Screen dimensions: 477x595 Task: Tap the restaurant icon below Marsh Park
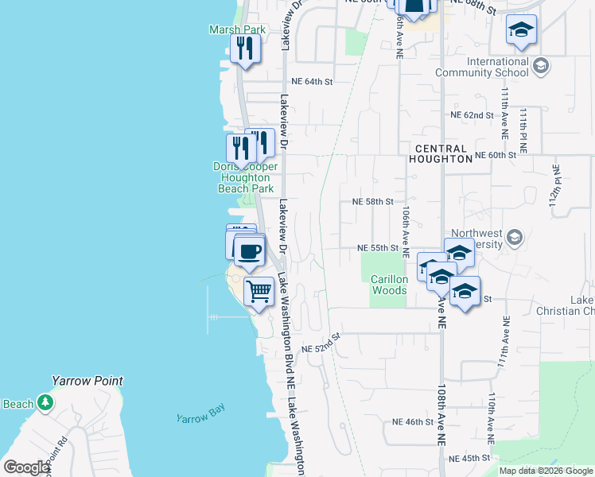[245, 49]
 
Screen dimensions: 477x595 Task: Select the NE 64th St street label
[311, 81]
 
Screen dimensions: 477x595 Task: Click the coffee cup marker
[250, 251]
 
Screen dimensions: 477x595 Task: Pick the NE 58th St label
[372, 202]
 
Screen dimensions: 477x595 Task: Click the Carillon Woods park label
[390, 285]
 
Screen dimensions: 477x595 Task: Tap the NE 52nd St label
[321, 343]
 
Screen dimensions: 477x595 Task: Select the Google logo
[27, 467]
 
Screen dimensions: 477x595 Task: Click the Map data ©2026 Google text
[545, 471]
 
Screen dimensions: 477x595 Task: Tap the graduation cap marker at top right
[521, 31]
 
